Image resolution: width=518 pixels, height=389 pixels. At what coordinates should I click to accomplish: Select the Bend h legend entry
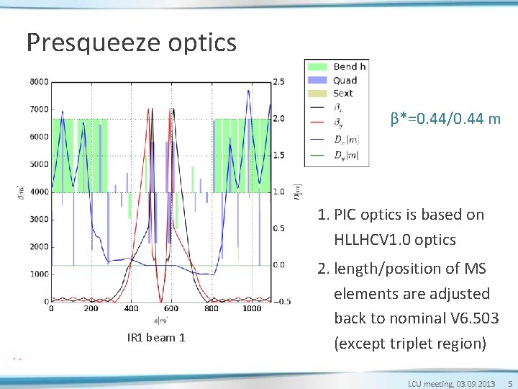coord(349,67)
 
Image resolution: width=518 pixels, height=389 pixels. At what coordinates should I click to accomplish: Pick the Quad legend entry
coord(345,80)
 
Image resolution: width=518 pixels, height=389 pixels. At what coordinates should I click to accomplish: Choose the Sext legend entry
coord(343,93)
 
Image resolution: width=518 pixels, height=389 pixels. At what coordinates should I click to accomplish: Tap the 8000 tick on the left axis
coord(39,81)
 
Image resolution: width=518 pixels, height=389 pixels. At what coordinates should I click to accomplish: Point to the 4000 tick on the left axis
coord(39,192)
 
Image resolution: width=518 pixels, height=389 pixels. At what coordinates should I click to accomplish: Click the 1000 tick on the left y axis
coord(39,274)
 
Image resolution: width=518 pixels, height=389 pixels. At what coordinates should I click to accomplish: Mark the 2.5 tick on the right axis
coord(279,81)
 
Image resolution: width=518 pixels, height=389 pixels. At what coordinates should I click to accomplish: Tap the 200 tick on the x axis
coord(90,308)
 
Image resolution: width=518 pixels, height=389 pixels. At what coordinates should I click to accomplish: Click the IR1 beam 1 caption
coord(156,338)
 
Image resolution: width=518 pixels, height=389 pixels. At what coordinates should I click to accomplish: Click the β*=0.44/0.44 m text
coord(445,118)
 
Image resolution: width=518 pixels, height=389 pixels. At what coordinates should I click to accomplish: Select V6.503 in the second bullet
coord(460,318)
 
